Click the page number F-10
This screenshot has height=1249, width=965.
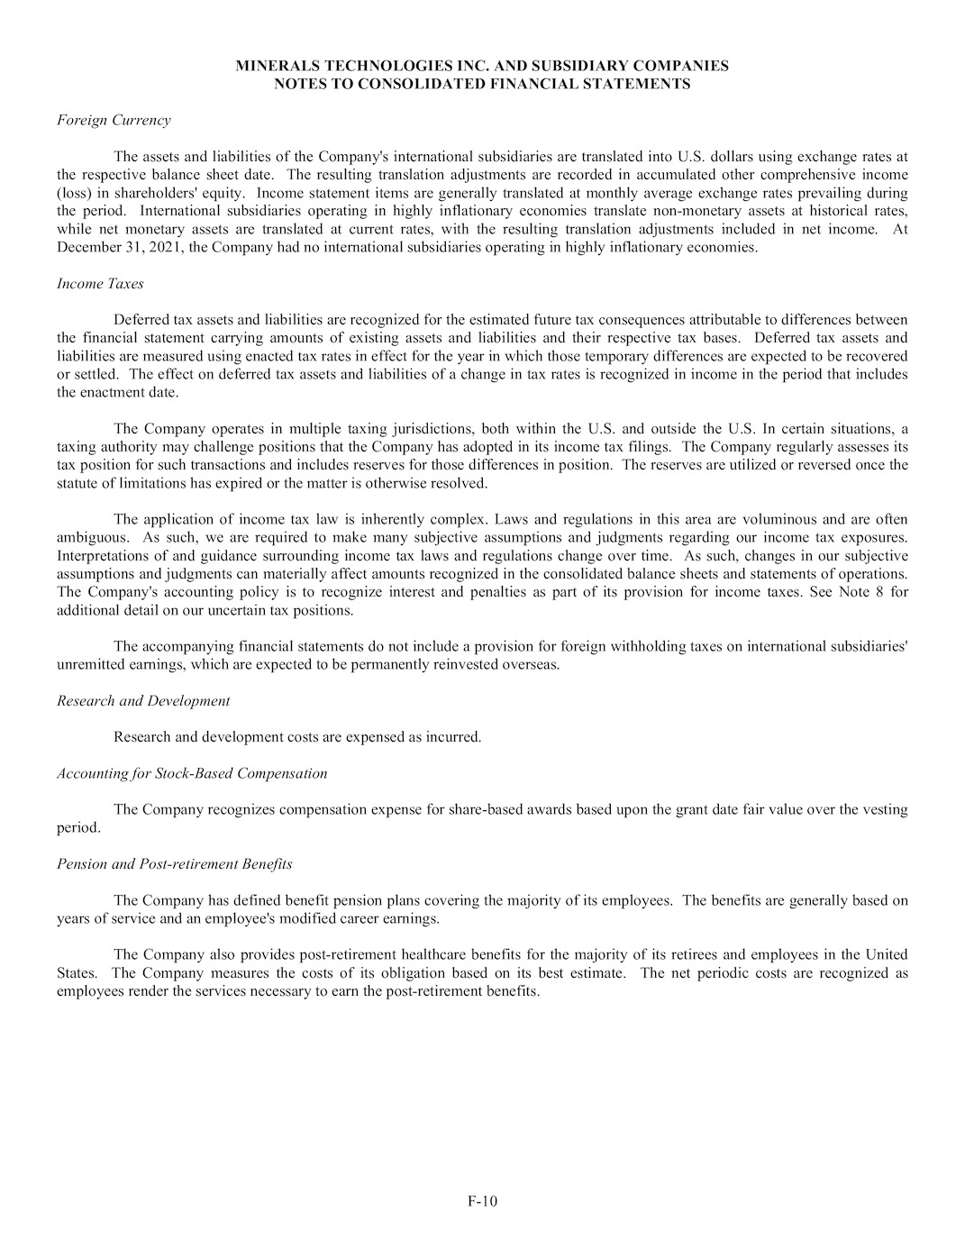(482, 1200)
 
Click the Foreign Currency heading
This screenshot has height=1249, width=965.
(114, 120)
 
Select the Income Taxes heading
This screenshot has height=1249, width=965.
(100, 283)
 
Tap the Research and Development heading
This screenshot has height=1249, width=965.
(143, 700)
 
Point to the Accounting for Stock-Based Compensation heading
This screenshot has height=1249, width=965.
(192, 773)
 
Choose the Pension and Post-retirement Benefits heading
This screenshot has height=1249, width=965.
(174, 863)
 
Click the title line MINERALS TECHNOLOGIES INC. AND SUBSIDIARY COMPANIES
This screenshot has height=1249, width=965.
(482, 66)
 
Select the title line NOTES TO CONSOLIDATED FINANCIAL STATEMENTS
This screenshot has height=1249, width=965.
(482, 84)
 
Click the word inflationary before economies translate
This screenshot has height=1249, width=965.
(445, 211)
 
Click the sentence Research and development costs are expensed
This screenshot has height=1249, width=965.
(297, 736)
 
